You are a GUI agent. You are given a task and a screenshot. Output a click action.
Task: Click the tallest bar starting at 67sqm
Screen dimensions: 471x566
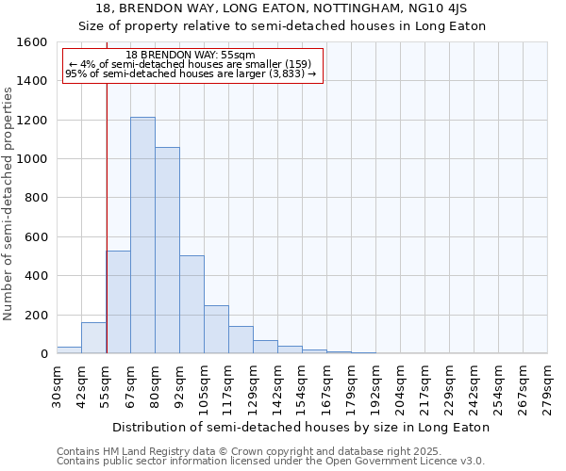(142, 235)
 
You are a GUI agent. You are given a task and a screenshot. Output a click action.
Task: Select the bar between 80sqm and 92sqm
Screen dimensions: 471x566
(167, 251)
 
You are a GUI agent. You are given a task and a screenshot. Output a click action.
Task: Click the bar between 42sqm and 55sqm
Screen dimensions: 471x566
(93, 338)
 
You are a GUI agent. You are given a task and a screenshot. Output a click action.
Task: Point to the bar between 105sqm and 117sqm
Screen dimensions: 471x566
(216, 330)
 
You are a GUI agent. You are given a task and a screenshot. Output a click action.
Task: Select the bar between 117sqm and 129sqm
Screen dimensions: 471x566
(241, 340)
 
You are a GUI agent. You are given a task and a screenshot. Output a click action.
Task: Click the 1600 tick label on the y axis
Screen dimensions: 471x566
(33, 42)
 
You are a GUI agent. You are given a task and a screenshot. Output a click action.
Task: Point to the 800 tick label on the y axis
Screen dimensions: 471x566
(36, 198)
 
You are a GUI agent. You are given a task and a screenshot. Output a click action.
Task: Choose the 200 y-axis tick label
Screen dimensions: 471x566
(36, 315)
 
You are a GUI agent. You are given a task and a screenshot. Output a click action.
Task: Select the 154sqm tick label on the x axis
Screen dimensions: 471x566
(302, 388)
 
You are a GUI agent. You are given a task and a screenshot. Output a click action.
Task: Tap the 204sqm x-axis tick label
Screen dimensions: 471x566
(400, 388)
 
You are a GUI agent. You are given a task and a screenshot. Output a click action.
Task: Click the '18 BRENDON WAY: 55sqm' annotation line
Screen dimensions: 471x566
(191, 56)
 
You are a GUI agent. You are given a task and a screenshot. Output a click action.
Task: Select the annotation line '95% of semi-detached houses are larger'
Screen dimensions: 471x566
(191, 73)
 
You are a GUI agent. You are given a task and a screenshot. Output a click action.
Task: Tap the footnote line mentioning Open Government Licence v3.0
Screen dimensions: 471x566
(271, 461)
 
